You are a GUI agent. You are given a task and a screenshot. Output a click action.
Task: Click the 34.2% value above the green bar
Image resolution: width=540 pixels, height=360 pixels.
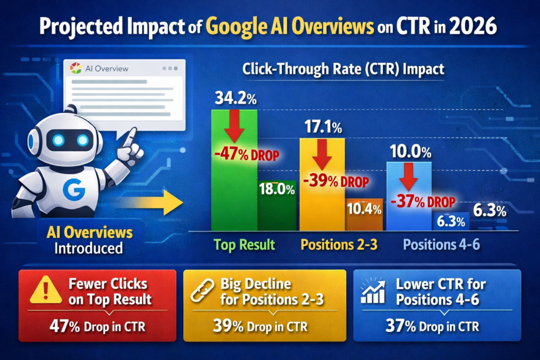click(x=234, y=98)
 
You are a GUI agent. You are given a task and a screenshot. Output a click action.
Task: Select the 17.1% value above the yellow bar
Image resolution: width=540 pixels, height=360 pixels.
click(x=322, y=127)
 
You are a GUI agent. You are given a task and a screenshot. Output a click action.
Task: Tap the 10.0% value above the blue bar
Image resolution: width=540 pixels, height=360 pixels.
click(x=410, y=153)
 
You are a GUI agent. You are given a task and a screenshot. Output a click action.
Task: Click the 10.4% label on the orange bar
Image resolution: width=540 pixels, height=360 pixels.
click(x=364, y=209)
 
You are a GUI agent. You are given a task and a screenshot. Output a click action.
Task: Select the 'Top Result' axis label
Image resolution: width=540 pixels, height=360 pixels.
click(x=244, y=245)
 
